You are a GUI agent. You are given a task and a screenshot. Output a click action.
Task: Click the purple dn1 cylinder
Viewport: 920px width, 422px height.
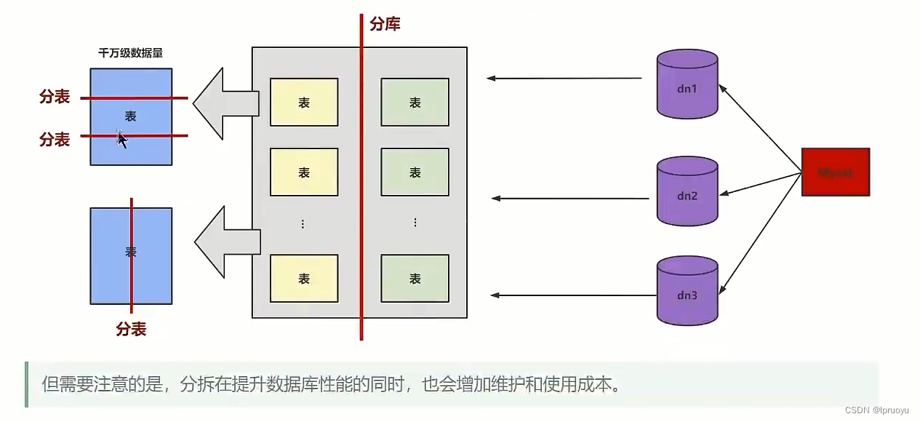(x=687, y=84)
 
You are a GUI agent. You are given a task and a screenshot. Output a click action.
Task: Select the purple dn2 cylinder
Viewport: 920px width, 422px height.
(x=687, y=191)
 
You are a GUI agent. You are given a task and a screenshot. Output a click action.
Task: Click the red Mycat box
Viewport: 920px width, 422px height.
(x=836, y=172)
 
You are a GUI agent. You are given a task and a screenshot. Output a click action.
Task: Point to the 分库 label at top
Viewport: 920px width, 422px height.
(x=385, y=24)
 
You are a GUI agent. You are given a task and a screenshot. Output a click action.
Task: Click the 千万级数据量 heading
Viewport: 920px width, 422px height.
(x=130, y=53)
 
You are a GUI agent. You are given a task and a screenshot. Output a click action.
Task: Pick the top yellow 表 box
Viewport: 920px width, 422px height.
(x=304, y=103)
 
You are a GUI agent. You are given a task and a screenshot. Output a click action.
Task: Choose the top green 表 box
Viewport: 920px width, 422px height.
(x=415, y=103)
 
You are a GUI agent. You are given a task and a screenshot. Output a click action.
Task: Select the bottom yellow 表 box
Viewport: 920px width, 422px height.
(x=304, y=278)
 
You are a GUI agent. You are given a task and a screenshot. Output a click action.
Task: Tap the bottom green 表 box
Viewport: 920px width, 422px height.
(x=415, y=278)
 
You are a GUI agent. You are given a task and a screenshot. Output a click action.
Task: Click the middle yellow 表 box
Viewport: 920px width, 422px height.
(x=304, y=172)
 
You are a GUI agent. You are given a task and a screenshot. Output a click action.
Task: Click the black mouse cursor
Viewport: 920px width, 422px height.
(x=122, y=140)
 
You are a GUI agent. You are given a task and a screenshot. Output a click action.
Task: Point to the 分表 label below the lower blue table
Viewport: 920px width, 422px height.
(x=131, y=330)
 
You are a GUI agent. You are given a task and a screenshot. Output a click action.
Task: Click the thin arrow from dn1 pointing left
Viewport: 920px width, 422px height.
(x=564, y=78)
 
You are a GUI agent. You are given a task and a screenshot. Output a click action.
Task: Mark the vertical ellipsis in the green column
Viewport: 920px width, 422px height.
(x=415, y=223)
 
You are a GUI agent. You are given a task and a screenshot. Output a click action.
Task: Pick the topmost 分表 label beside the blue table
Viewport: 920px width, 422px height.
(x=55, y=97)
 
